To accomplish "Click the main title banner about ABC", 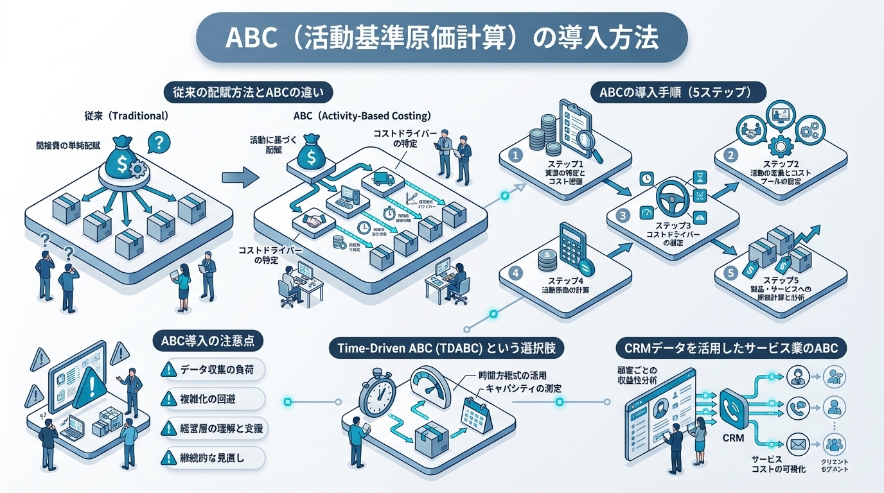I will coord(441,37).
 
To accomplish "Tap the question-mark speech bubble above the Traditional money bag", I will coord(159,141).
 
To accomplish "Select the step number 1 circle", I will coord(514,155).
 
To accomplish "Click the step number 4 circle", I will coord(514,272).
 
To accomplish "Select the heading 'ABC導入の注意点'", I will coord(208,340).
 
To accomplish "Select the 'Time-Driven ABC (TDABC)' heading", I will coord(446,348).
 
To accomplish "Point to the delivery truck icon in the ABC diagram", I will coord(382,180).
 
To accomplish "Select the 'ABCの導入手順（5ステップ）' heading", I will coord(678,92).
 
